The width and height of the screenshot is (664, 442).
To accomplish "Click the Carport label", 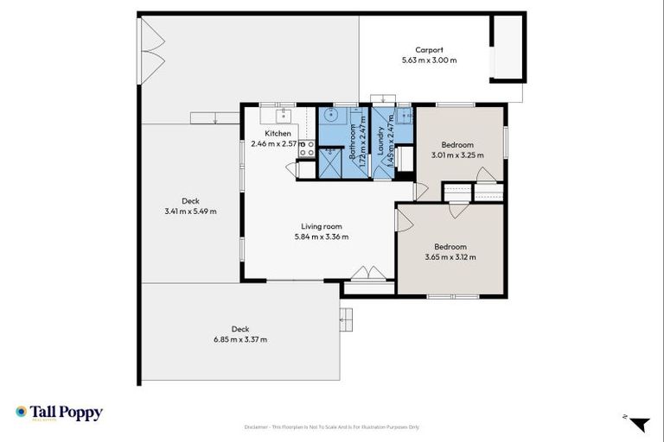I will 429,50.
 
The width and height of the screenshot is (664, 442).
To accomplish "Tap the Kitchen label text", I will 278,133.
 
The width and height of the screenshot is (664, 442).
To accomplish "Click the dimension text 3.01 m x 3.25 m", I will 457,155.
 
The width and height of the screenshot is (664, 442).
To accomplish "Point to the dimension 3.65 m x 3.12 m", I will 450,256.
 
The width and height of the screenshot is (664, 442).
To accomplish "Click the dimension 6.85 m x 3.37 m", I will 240,339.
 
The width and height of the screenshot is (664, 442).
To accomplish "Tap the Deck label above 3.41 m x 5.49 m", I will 190,201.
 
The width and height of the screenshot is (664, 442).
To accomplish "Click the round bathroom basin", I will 331,116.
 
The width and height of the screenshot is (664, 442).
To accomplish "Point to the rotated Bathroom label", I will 353,146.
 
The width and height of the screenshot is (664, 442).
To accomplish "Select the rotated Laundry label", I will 380,143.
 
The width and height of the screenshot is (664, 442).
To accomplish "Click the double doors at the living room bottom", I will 368,274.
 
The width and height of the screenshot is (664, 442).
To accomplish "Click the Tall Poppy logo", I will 59,413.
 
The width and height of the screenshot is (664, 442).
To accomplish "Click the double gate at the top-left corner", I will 151,49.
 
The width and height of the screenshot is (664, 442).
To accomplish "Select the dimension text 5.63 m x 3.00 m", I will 429,60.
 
